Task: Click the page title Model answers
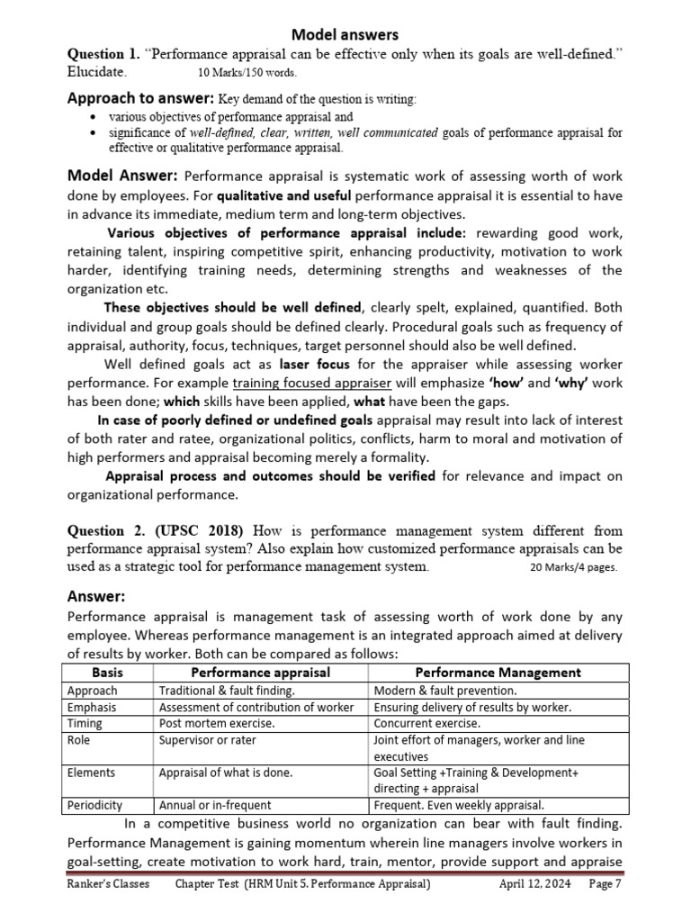(x=345, y=34)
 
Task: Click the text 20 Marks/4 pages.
(x=574, y=568)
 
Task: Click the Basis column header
(x=108, y=673)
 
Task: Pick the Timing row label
(x=85, y=723)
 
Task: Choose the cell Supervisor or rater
(x=208, y=740)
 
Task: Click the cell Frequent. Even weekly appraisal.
(x=459, y=805)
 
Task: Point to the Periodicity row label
(x=94, y=805)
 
